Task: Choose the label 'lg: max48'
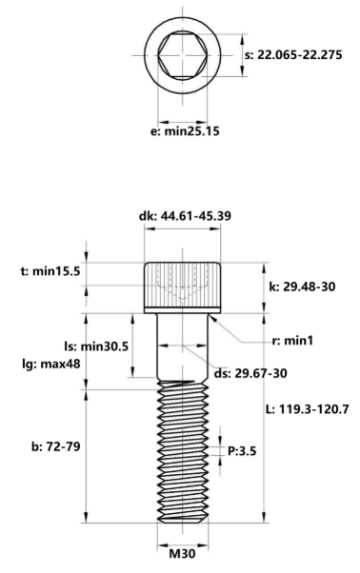44,364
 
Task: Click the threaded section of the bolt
182,447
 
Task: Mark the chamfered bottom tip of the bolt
182,519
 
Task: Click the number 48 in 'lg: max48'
69,364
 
